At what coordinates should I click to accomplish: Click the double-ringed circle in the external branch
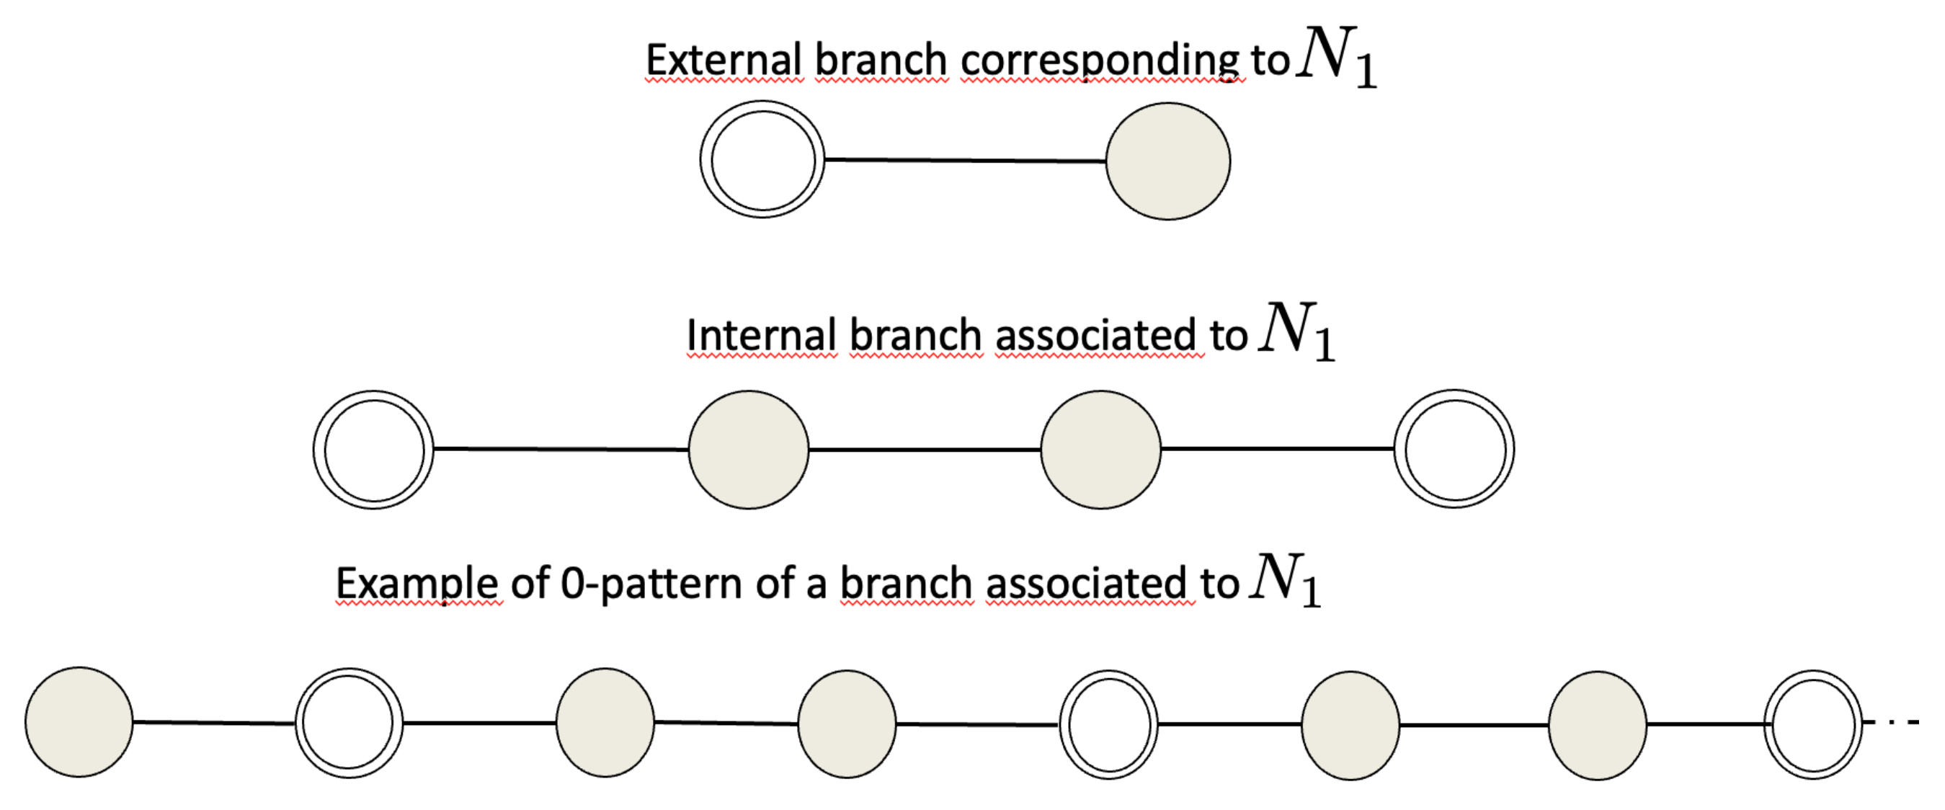pos(762,160)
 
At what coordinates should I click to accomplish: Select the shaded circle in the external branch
pos(1167,161)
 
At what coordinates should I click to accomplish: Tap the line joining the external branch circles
pos(965,160)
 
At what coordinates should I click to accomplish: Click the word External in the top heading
pos(724,61)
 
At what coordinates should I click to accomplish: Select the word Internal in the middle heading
pos(761,335)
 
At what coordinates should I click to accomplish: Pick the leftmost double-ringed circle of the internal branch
pos(374,450)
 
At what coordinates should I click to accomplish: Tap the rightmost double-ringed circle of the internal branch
pos(1454,450)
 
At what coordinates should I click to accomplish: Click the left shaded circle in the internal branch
pos(748,450)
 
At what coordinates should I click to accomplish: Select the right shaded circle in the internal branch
pos(1100,450)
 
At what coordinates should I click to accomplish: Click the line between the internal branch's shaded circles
pos(924,450)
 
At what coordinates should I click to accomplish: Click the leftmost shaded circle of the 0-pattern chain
pos(79,721)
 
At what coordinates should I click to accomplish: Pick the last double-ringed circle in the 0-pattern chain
pos(1813,724)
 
